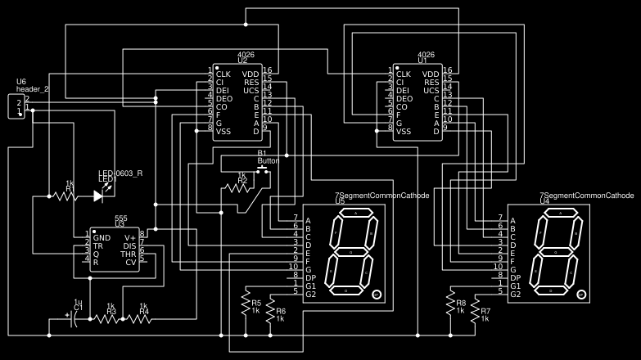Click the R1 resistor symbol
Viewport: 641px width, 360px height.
(70, 196)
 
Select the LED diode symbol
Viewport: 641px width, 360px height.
(99, 196)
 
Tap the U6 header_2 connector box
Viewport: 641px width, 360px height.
(16, 106)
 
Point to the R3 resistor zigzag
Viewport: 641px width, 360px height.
(106, 318)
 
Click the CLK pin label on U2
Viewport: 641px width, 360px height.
(223, 74)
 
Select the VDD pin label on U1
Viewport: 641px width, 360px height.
(431, 74)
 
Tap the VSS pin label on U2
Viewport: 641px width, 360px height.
(224, 131)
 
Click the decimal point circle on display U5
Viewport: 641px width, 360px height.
(377, 294)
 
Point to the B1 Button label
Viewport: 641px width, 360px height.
(268, 157)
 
